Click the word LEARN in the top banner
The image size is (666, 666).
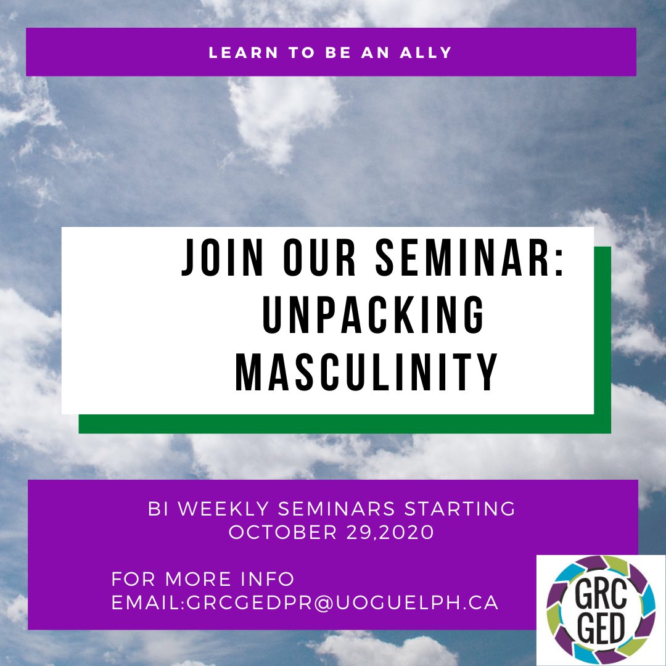(244, 52)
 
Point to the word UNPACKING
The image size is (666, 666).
(374, 314)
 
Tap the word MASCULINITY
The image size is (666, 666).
(366, 372)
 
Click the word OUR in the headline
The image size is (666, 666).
(319, 257)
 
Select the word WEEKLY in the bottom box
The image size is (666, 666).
(223, 509)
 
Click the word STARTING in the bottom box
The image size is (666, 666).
(460, 509)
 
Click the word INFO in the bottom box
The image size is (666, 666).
(268, 579)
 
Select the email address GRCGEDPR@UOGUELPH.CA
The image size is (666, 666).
(342, 603)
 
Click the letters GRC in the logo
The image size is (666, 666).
(601, 594)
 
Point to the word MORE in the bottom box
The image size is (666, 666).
(199, 579)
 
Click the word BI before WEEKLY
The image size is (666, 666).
(158, 509)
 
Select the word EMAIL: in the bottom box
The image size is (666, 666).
(148, 603)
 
